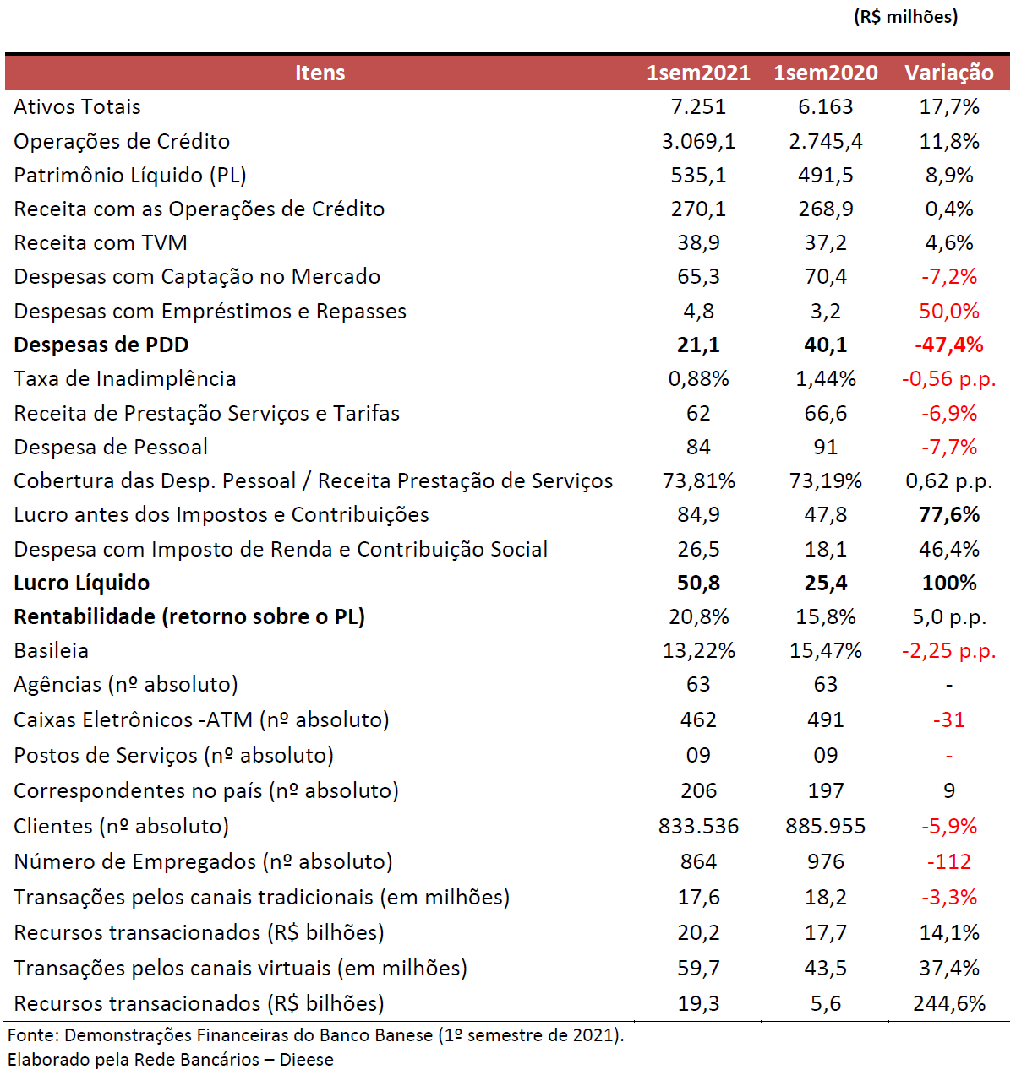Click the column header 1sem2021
(x=698, y=73)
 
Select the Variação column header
(x=948, y=73)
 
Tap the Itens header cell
(x=320, y=73)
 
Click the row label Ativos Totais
(x=77, y=107)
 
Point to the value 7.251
(x=698, y=107)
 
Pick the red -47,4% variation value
(x=948, y=345)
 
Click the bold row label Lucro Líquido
(x=82, y=583)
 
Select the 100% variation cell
(x=949, y=583)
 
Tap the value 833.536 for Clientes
(x=698, y=826)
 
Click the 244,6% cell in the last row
(x=949, y=1003)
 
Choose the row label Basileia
(x=51, y=650)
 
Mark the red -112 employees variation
(x=948, y=861)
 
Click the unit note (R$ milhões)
(x=905, y=17)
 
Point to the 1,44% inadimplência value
(x=825, y=378)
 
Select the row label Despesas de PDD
(x=101, y=345)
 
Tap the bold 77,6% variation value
(x=949, y=514)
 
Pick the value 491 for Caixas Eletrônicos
(x=825, y=719)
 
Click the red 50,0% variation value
(x=948, y=311)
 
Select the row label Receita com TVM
(x=101, y=242)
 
